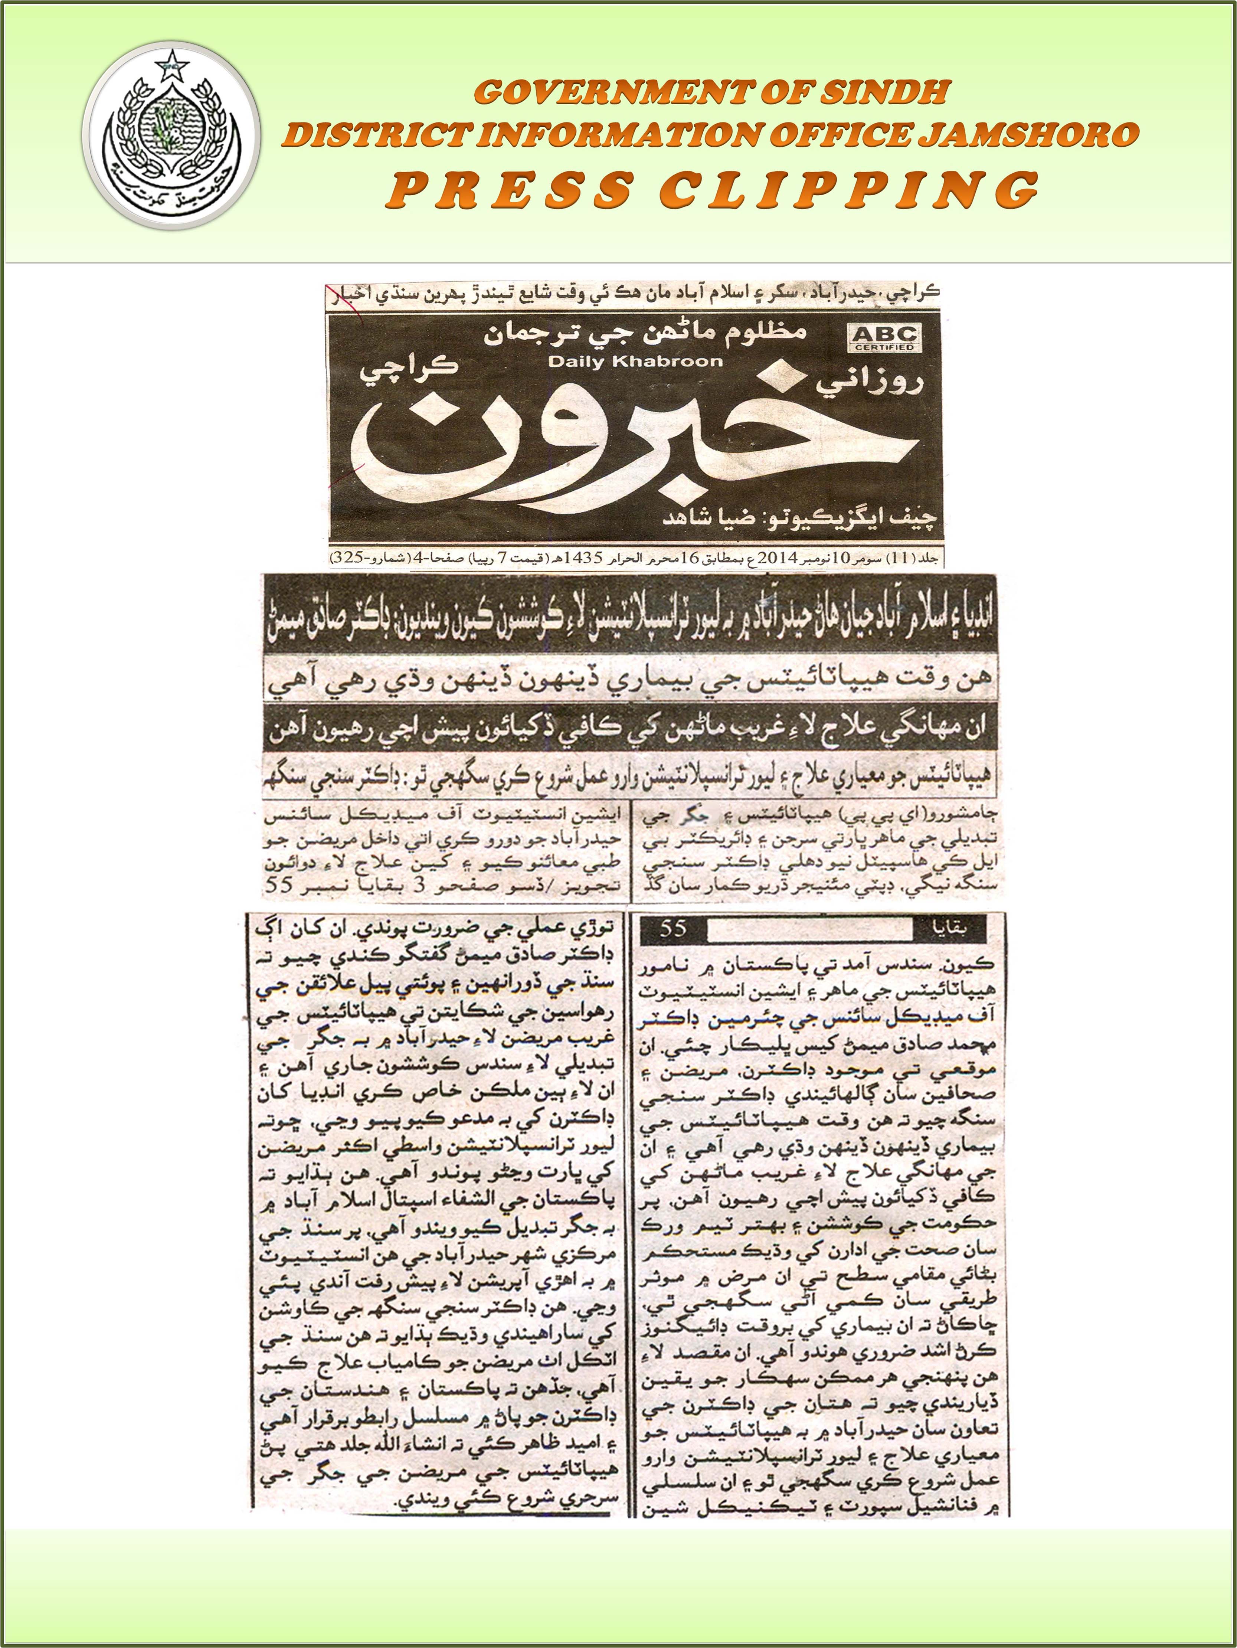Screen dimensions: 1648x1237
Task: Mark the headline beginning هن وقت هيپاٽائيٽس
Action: coord(630,680)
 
